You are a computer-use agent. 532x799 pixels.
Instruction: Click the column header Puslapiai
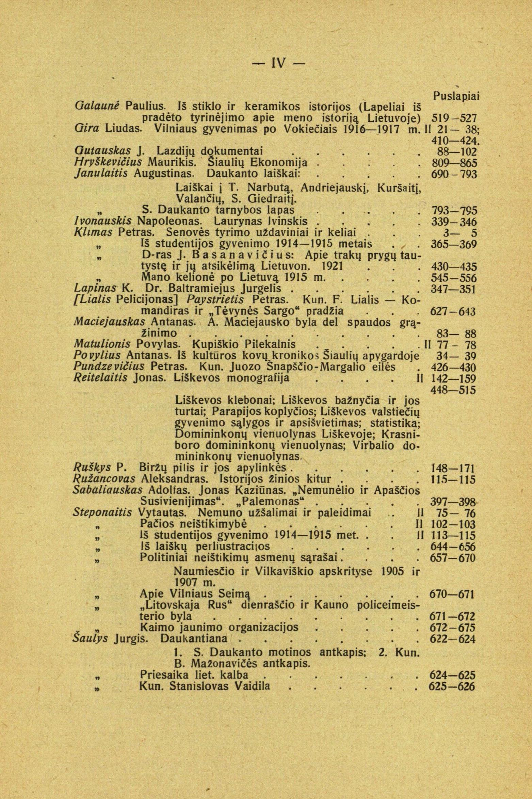(x=456, y=96)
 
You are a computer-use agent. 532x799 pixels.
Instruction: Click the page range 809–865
(x=454, y=162)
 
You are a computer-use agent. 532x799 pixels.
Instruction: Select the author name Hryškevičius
(x=108, y=162)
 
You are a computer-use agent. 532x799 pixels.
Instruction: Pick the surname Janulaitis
(x=101, y=174)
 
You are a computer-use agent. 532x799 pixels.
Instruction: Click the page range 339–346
(x=454, y=222)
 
